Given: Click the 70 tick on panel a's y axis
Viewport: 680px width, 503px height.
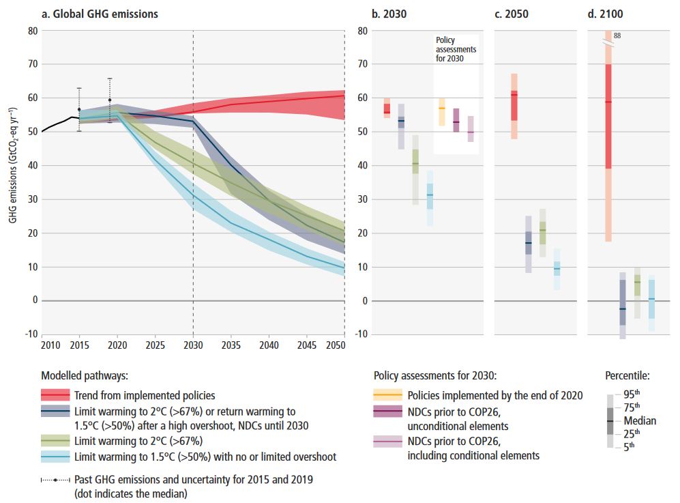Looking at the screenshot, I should (x=31, y=64).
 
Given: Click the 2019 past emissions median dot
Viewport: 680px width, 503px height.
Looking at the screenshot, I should (x=110, y=100).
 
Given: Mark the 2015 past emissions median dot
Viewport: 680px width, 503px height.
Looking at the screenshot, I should (x=79, y=109).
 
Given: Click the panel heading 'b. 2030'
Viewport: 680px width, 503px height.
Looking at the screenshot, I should (x=390, y=14).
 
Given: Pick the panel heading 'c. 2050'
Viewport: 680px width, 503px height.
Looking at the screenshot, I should (x=512, y=14).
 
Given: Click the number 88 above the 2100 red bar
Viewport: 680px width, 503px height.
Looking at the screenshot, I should (x=617, y=35).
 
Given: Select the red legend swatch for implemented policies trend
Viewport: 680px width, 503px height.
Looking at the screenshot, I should (x=55, y=395).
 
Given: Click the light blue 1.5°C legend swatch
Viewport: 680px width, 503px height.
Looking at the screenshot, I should (x=55, y=457).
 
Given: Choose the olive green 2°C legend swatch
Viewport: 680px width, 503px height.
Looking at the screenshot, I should (x=55, y=441).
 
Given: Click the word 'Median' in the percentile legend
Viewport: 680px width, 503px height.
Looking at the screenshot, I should (x=640, y=420).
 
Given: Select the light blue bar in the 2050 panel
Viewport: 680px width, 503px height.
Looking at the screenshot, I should (x=557, y=269).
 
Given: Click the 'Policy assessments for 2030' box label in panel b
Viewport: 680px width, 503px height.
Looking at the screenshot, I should (x=456, y=50).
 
